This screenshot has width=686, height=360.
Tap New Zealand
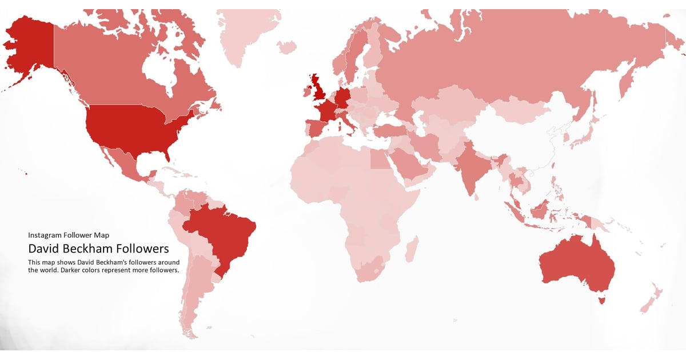[652, 300]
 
